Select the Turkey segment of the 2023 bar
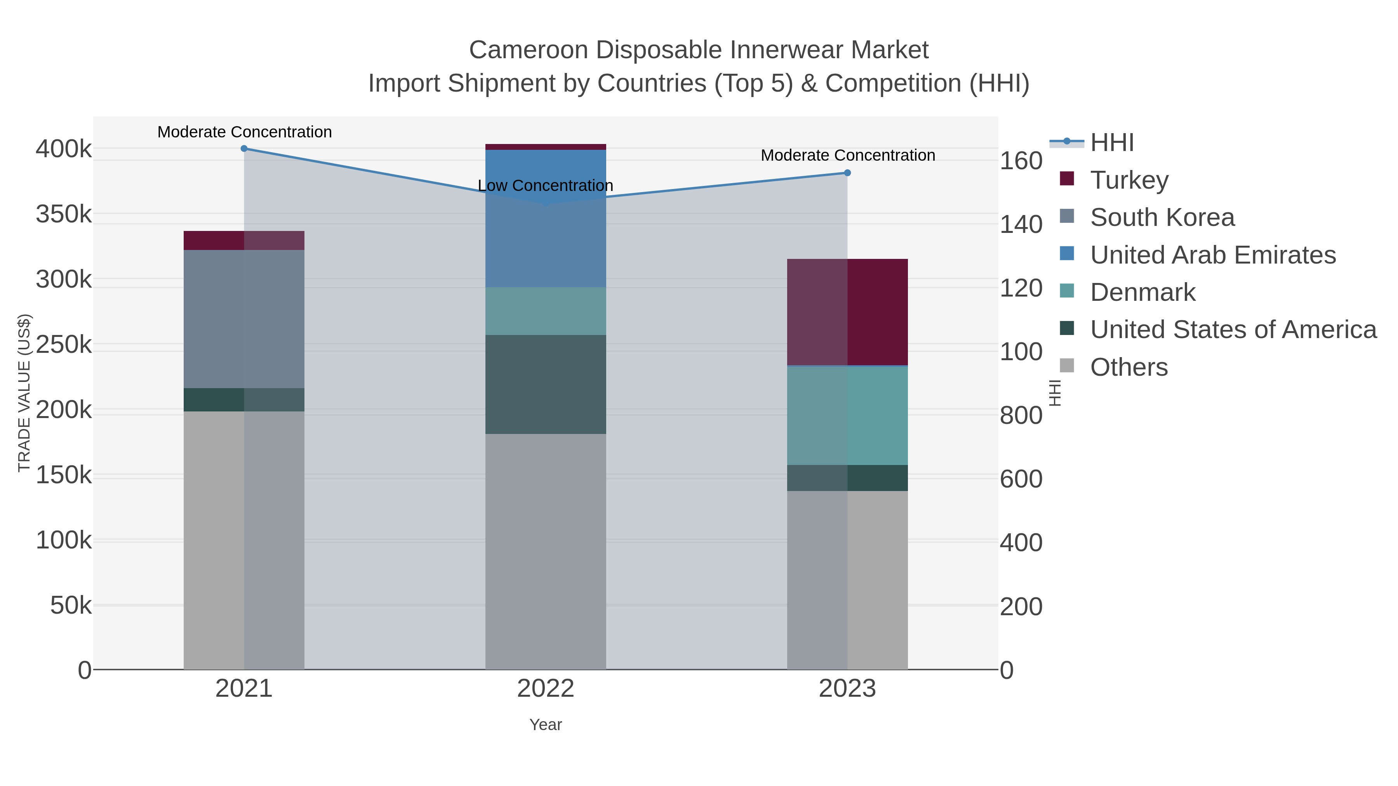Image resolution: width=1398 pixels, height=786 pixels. pos(847,312)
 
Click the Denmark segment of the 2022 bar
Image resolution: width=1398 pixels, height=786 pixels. pos(546,311)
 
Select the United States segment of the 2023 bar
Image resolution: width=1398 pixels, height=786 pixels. pos(847,478)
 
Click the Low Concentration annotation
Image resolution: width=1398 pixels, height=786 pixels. pos(546,186)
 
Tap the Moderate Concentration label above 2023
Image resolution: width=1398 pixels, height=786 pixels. pos(848,155)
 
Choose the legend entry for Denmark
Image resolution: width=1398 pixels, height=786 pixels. pos(1142,292)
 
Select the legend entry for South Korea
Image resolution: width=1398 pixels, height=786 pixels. pos(1162,217)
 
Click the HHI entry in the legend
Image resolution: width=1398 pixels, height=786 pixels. pos(1111,143)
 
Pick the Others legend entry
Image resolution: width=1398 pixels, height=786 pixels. pos(1129,367)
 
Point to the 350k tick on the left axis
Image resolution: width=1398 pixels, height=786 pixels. pos(64,214)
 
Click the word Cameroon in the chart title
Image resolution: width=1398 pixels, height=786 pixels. pos(528,50)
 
